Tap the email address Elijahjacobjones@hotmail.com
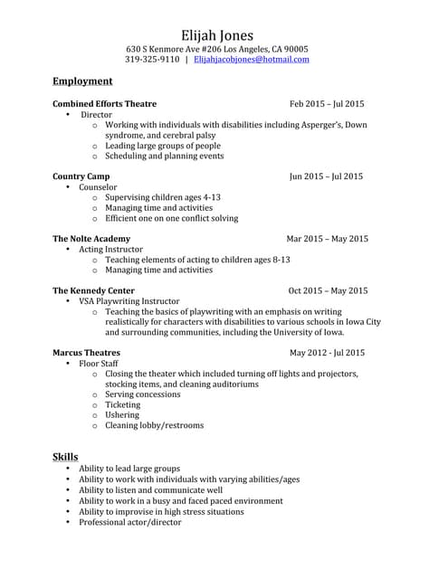pos(252,60)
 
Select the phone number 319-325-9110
pos(152,60)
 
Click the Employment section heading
pos(82,81)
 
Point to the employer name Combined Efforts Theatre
pos(104,104)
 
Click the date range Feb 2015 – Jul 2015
pos(327,104)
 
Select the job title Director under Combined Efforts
pos(97,116)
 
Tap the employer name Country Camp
pos(81,176)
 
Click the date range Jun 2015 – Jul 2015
pos(326,176)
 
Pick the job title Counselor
pos(99,187)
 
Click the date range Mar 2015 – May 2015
pos(327,239)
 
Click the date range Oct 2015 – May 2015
pos(328,291)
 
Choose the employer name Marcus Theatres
pos(86,353)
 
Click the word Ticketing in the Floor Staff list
pos(123,405)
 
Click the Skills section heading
pos(65,456)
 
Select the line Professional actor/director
pos(130,522)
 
